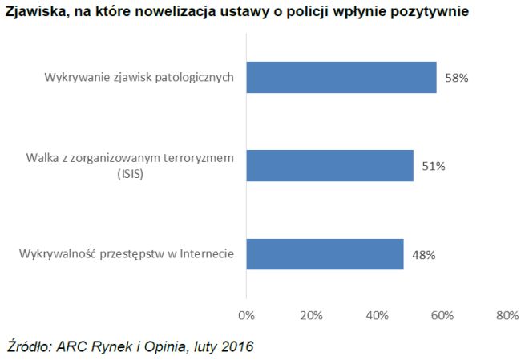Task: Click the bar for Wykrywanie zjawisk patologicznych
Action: click(341, 78)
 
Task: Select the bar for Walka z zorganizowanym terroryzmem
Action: click(329, 166)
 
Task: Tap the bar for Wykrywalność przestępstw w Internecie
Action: click(325, 254)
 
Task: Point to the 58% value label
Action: click(456, 79)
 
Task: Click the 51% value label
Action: click(434, 167)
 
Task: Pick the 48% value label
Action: click(423, 255)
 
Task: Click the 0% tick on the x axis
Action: click(246, 315)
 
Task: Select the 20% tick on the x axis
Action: click(311, 315)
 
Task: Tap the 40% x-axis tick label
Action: click(377, 315)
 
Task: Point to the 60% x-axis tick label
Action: click(442, 315)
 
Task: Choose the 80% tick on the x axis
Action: click(507, 315)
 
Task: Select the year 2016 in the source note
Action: click(237, 347)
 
